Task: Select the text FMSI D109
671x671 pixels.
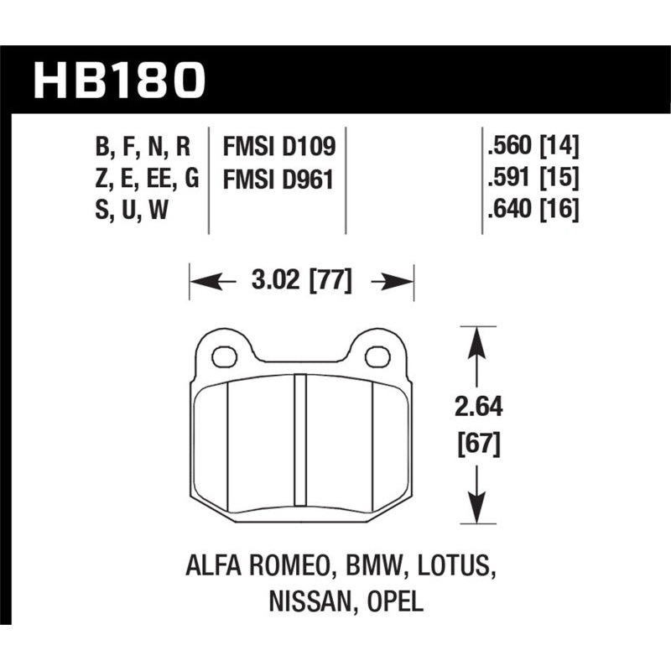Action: (x=278, y=148)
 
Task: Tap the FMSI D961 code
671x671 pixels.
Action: (x=278, y=179)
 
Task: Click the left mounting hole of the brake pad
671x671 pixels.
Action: (x=225, y=356)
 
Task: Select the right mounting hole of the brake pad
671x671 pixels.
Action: (x=378, y=356)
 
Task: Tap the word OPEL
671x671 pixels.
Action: (x=393, y=601)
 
